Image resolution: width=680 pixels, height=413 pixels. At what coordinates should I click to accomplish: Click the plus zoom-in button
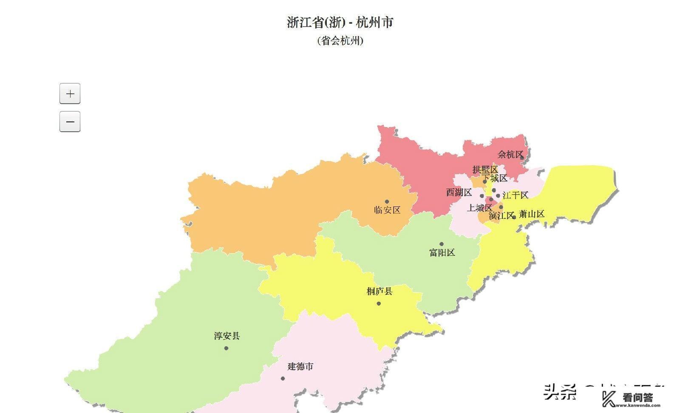pyautogui.click(x=70, y=93)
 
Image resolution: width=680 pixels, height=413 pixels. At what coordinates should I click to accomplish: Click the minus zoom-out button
pyautogui.click(x=70, y=122)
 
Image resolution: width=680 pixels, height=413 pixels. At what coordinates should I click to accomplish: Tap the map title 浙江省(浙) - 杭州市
pyautogui.click(x=340, y=22)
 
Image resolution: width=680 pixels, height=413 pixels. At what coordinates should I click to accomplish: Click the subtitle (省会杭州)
pyautogui.click(x=340, y=41)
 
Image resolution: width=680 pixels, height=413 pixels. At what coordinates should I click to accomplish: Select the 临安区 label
pyautogui.click(x=387, y=210)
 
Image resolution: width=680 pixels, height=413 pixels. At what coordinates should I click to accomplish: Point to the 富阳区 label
pyautogui.click(x=442, y=252)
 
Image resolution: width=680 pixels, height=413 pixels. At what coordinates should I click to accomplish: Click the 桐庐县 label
pyautogui.click(x=380, y=291)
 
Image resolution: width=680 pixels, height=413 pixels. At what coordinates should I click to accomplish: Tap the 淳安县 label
pyautogui.click(x=227, y=336)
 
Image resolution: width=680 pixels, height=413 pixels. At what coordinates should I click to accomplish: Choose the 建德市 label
pyautogui.click(x=300, y=366)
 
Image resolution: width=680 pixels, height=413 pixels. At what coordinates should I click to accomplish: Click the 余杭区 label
pyautogui.click(x=510, y=155)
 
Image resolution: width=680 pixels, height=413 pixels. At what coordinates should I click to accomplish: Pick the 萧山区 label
pyautogui.click(x=532, y=214)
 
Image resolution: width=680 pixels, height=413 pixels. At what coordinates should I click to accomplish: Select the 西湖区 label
pyautogui.click(x=459, y=192)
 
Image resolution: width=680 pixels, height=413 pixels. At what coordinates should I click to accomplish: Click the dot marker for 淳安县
pyautogui.click(x=226, y=348)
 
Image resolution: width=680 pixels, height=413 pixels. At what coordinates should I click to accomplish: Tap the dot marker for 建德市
pyautogui.click(x=283, y=378)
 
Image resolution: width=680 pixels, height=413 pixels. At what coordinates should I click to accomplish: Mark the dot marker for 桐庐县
pyautogui.click(x=379, y=303)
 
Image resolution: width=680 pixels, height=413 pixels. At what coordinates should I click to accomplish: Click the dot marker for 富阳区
pyautogui.click(x=441, y=244)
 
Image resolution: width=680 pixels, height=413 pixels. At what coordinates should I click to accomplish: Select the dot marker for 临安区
pyautogui.click(x=387, y=202)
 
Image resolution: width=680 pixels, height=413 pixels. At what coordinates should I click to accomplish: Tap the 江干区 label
pyautogui.click(x=516, y=195)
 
